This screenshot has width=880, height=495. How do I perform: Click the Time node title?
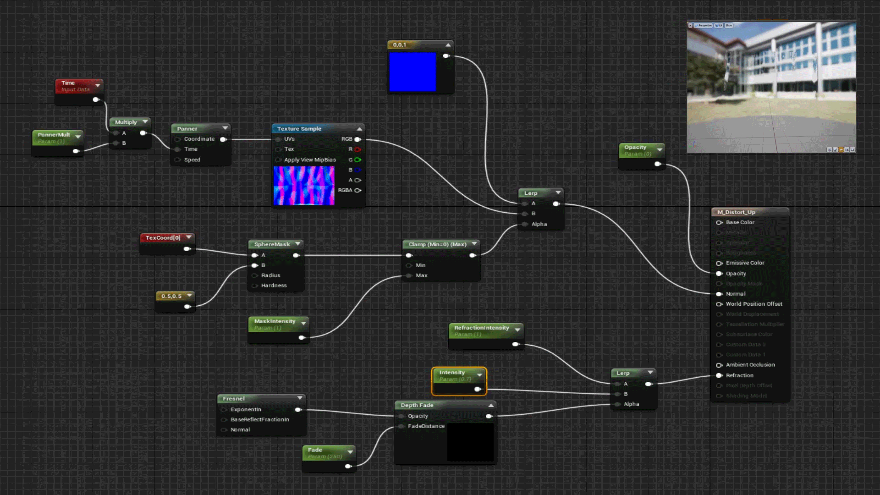pyautogui.click(x=68, y=83)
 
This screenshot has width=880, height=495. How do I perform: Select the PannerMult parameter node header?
pyautogui.click(x=54, y=135)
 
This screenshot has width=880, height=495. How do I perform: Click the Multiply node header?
pyautogui.click(x=126, y=122)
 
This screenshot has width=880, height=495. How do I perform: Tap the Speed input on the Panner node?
pyautogui.click(x=178, y=160)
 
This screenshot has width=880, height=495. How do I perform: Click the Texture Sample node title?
pyautogui.click(x=299, y=129)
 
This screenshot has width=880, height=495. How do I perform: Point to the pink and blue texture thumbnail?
pyautogui.click(x=304, y=186)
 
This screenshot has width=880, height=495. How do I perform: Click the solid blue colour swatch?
pyautogui.click(x=412, y=71)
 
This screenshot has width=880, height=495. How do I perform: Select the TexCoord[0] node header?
pyautogui.click(x=163, y=238)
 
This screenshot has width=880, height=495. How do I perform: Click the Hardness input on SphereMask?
pyautogui.click(x=255, y=286)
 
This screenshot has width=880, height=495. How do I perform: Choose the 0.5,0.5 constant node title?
pyautogui.click(x=171, y=296)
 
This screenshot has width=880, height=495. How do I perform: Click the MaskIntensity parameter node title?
pyautogui.click(x=275, y=321)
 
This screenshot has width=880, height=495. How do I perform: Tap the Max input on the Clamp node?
pyautogui.click(x=409, y=275)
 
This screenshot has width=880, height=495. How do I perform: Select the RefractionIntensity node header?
pyautogui.click(x=481, y=328)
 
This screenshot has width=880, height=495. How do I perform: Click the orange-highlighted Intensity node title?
pyautogui.click(x=452, y=373)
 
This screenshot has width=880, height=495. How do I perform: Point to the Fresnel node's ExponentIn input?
pyautogui.click(x=224, y=410)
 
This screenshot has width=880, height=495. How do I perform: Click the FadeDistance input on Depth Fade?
pyautogui.click(x=401, y=426)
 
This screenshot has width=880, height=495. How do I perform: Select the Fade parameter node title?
pyautogui.click(x=315, y=450)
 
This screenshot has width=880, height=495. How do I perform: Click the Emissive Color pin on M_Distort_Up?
pyautogui.click(x=720, y=263)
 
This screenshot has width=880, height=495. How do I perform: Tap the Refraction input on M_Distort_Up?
pyautogui.click(x=720, y=375)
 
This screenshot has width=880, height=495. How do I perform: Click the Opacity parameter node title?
pyautogui.click(x=635, y=148)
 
